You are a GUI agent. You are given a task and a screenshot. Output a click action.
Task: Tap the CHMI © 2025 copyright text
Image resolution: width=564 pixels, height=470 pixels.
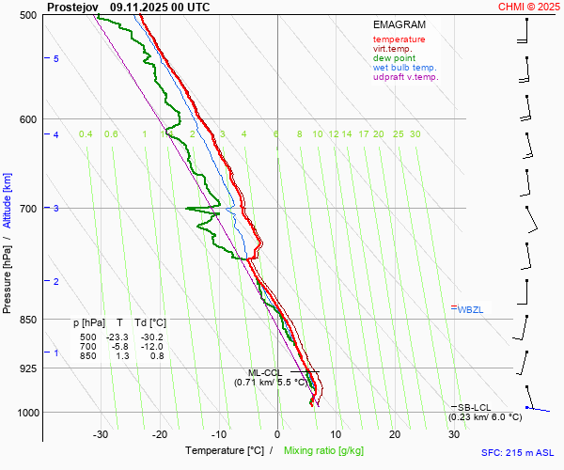[530, 7]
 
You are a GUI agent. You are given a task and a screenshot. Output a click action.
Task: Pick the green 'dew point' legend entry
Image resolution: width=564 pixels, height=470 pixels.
[395, 58]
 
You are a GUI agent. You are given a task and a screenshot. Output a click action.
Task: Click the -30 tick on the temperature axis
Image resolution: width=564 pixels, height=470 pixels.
[102, 434]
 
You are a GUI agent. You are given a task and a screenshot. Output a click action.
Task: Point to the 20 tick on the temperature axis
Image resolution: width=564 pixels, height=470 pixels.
[395, 434]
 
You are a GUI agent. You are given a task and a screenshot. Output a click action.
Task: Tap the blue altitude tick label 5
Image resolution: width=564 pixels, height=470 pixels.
[55, 59]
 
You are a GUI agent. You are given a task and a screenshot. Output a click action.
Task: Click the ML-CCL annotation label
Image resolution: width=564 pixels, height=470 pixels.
[266, 373]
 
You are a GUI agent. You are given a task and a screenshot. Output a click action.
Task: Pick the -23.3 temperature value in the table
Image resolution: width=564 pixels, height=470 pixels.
[117, 337]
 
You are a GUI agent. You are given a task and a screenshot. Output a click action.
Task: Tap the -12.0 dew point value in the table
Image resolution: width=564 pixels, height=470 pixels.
[150, 346]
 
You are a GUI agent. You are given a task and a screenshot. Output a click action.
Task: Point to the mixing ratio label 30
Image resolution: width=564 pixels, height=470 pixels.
[415, 134]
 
